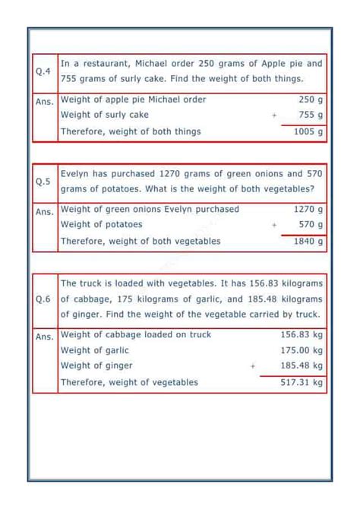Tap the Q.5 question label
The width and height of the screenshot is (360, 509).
[43, 182]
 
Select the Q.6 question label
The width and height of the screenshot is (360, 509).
[43, 299]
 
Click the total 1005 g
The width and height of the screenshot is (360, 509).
[308, 131]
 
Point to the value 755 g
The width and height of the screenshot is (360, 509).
[311, 115]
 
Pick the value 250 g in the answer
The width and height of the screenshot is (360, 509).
[311, 100]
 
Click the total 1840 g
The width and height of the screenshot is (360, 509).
[308, 241]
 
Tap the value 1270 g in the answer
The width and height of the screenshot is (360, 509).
[308, 209]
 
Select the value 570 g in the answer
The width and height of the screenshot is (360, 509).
[311, 225]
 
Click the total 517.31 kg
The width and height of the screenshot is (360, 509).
[302, 382]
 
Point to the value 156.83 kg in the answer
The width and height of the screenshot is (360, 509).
[302, 334]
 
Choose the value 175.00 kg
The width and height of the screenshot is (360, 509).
[302, 350]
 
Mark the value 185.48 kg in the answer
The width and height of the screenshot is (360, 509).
[302, 366]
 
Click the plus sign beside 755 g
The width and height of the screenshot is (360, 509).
[273, 115]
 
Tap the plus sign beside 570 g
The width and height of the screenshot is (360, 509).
[273, 225]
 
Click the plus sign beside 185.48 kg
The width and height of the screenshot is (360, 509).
[253, 366]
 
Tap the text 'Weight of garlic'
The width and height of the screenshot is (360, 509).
[94, 350]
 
